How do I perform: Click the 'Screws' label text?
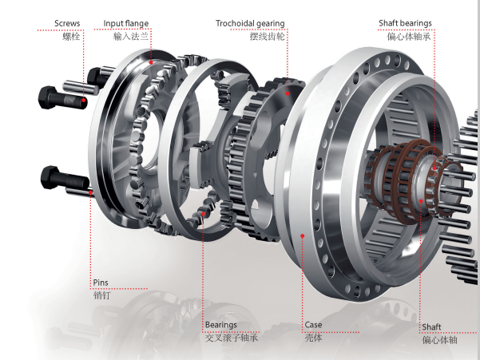pos(67,24)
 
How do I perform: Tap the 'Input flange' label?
pos(126,24)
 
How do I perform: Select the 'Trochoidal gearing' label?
pos(250,24)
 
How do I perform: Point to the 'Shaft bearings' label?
pos(405,23)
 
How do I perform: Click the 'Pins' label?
pos(101,283)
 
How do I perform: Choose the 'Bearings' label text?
pos(221,325)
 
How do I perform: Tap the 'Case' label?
pos(313,325)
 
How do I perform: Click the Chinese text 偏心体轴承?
pos(409,37)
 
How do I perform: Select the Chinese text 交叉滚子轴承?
pos(232,338)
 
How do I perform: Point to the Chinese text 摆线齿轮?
pos(268,37)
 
